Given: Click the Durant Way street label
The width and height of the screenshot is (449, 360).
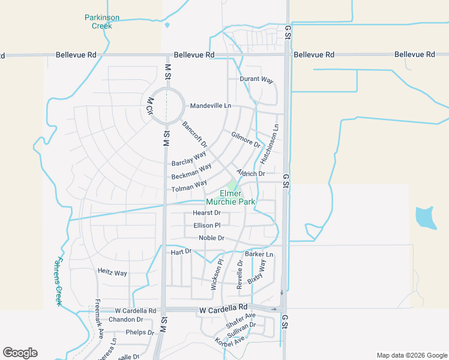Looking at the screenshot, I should click(256, 79).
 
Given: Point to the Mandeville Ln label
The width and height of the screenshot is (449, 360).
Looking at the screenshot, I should click(210, 106).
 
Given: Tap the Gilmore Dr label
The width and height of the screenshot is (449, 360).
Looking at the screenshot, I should click(246, 140).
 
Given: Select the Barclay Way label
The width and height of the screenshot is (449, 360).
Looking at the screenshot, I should click(188, 159).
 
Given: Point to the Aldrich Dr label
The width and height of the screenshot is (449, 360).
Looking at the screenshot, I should click(251, 173).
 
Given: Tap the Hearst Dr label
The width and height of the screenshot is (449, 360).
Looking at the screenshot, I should click(206, 213).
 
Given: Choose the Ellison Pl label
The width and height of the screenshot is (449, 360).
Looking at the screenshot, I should click(207, 226).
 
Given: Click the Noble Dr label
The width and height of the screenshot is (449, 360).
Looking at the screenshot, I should click(211, 238).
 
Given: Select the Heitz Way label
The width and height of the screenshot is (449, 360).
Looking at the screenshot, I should click(112, 272).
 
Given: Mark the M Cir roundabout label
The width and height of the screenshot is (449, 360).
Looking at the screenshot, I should click(147, 106).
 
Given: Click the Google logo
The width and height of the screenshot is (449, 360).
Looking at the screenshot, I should click(20, 353).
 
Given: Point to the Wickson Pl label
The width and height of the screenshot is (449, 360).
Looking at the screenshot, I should click(217, 275).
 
